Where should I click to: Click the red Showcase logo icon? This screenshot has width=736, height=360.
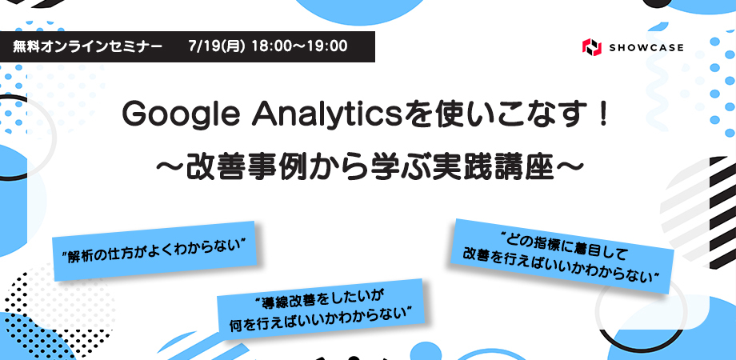(591, 47)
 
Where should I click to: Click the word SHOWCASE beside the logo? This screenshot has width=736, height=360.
(646, 47)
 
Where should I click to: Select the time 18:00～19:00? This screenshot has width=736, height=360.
(299, 46)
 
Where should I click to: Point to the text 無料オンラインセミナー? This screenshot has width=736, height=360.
(88, 47)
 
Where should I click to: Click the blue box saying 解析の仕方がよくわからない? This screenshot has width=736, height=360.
(154, 251)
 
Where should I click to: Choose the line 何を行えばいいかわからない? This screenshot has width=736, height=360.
(321, 321)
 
